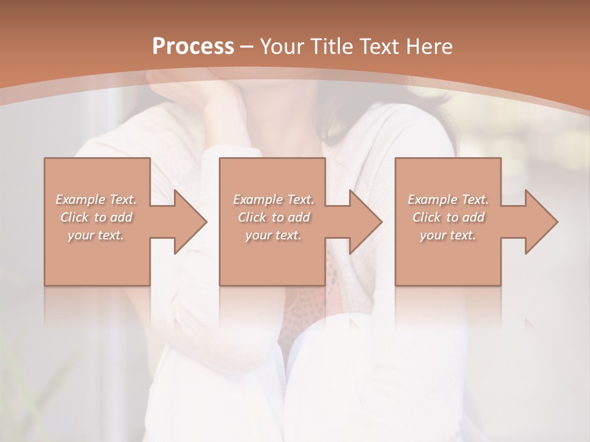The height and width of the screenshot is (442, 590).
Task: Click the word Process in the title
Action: tap(193, 47)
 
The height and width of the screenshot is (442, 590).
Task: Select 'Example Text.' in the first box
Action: tap(96, 200)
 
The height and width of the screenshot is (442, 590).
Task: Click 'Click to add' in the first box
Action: tap(96, 217)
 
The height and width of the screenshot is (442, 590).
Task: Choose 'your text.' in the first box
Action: tap(96, 235)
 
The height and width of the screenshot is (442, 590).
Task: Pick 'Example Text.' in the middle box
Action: tap(273, 200)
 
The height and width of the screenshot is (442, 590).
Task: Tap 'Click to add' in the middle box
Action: tap(273, 217)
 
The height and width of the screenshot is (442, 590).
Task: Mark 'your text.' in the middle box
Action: tap(273, 235)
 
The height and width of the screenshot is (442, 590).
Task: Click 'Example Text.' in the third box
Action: tap(448, 200)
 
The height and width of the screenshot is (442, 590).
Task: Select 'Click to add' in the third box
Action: tap(448, 217)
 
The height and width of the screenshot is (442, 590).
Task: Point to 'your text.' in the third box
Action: tap(448, 235)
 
